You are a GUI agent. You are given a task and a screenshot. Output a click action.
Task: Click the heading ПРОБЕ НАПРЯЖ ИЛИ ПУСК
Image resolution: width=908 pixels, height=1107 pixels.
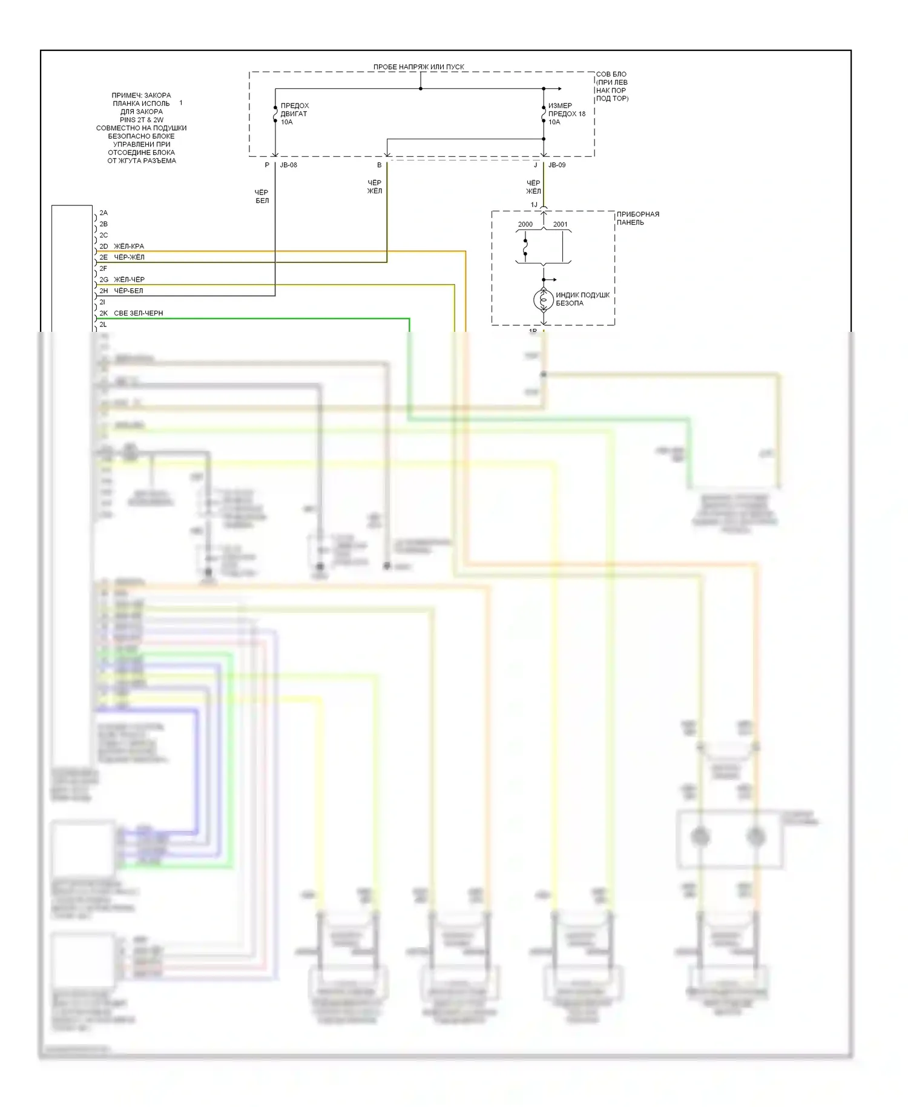click(x=418, y=67)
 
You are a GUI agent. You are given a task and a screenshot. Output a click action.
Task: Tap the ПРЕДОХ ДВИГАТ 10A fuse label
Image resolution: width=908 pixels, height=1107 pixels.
click(x=294, y=114)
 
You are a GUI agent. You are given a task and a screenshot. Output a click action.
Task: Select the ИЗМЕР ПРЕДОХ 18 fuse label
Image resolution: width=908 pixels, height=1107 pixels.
click(x=566, y=114)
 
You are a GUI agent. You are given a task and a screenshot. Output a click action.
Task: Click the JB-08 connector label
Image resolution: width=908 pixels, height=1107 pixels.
click(x=288, y=165)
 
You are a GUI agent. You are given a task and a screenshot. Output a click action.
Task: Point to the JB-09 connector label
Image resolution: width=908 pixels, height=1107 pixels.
click(x=557, y=165)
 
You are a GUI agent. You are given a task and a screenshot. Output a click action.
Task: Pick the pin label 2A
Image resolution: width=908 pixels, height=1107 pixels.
click(x=104, y=213)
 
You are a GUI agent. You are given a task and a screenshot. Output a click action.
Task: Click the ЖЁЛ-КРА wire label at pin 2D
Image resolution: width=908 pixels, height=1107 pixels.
click(x=129, y=246)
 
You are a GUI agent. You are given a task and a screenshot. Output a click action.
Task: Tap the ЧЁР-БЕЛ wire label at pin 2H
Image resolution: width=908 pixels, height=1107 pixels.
click(x=128, y=291)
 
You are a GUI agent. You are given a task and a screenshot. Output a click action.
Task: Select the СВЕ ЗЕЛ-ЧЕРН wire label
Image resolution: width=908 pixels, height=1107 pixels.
click(x=138, y=313)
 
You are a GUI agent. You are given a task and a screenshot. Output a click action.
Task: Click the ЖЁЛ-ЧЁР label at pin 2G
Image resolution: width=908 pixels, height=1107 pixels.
click(x=129, y=280)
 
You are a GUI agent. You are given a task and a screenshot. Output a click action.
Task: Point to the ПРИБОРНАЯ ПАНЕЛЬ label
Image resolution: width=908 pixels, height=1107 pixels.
click(x=637, y=218)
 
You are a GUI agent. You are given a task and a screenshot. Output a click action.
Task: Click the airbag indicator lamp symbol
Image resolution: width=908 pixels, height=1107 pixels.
click(x=543, y=299)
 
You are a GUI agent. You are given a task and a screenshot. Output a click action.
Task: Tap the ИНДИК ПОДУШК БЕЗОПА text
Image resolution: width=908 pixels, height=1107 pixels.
click(x=582, y=299)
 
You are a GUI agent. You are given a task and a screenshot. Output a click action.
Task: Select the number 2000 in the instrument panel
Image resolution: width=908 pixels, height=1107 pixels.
click(x=525, y=225)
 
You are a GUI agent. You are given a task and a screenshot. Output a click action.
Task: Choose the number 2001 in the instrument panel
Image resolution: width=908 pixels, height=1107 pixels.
click(x=560, y=225)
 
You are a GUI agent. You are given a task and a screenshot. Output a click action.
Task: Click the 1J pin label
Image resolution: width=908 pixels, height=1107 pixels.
click(x=534, y=205)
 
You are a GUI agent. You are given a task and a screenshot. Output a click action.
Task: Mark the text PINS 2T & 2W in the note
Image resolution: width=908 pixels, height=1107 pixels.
click(x=141, y=120)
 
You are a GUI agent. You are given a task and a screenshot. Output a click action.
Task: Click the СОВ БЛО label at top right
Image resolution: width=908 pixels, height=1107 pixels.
click(x=611, y=74)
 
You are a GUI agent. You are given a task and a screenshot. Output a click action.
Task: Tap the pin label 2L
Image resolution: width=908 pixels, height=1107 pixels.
click(x=103, y=325)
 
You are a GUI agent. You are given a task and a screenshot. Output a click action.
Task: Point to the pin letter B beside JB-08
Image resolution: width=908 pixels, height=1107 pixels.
click(x=380, y=165)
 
